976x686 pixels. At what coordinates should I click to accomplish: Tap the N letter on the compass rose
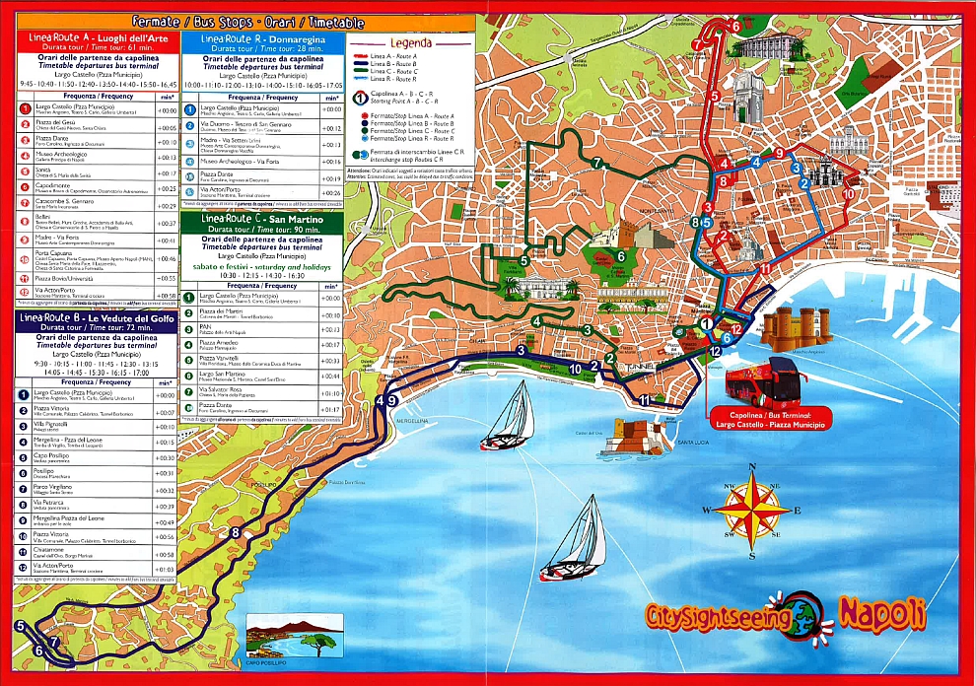[752, 467]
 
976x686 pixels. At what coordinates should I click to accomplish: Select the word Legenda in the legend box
[410, 42]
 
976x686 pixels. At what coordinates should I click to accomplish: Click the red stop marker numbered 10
[849, 194]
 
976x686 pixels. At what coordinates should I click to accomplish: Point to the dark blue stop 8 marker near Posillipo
[235, 533]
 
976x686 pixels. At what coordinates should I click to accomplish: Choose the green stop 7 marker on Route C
[596, 163]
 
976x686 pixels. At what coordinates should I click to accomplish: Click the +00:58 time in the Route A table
[167, 295]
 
